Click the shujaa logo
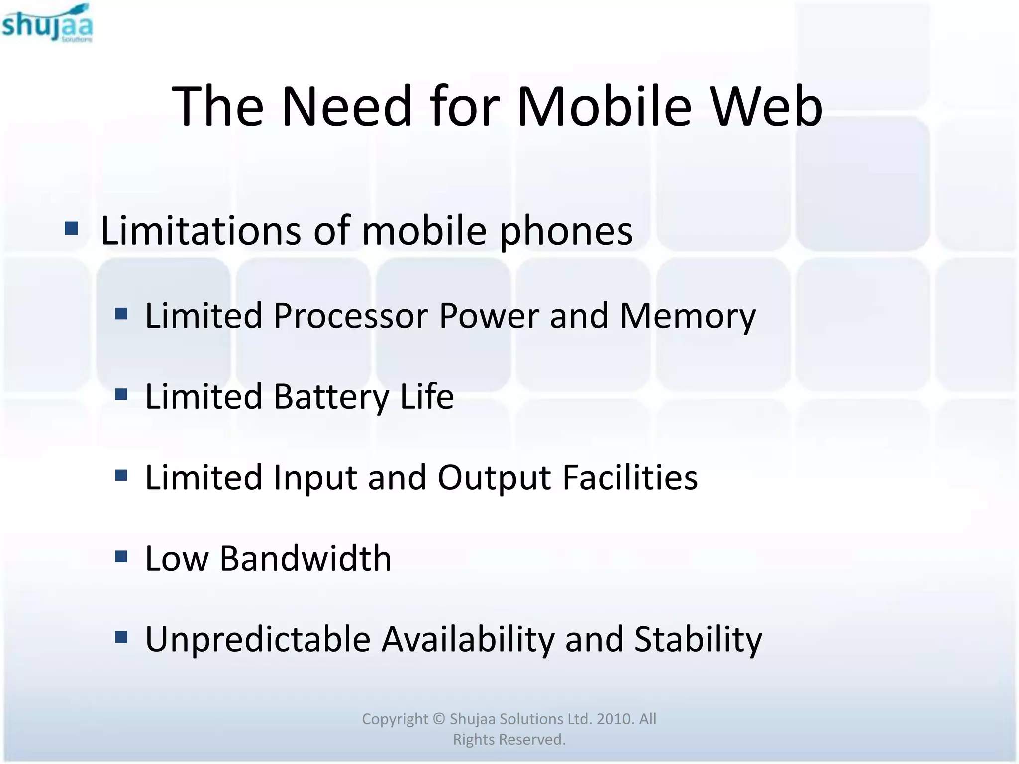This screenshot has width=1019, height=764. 47,24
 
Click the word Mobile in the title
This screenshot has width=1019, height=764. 604,106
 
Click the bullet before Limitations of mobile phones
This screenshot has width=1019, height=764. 72,229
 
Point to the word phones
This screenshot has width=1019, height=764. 566,232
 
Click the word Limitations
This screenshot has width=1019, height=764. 201,231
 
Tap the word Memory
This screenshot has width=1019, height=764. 688,317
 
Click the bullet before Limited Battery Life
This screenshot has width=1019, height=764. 121,395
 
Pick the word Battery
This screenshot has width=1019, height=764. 331,397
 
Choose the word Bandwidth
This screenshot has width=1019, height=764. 306,558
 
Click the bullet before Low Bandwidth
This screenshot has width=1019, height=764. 121,556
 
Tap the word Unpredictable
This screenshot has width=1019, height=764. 258,639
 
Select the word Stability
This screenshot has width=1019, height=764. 698,639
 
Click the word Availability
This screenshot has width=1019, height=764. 468,639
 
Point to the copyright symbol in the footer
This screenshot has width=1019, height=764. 438,719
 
